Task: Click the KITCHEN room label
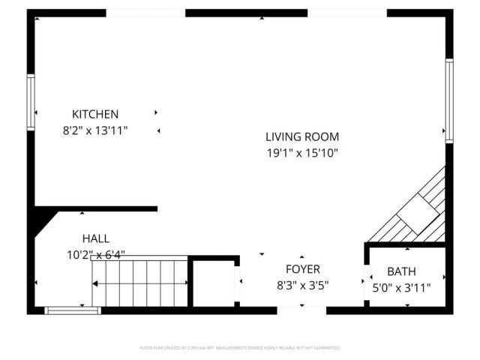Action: point(95,115)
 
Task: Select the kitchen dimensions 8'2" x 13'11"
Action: point(95,130)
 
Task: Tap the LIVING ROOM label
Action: point(302,136)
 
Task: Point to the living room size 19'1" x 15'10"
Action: point(302,153)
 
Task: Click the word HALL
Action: point(96,238)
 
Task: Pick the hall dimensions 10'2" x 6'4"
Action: point(96,255)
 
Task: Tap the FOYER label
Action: point(303,269)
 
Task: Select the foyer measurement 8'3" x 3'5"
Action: point(303,286)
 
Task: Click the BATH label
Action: point(401,271)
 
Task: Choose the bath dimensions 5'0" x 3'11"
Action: point(401,287)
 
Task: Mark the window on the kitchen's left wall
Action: point(31,103)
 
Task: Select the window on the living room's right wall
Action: point(449,100)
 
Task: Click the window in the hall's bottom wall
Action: point(73,310)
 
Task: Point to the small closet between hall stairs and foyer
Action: point(213,283)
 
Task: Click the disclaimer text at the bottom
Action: point(240,348)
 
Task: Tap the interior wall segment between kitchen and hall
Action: point(105,208)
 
